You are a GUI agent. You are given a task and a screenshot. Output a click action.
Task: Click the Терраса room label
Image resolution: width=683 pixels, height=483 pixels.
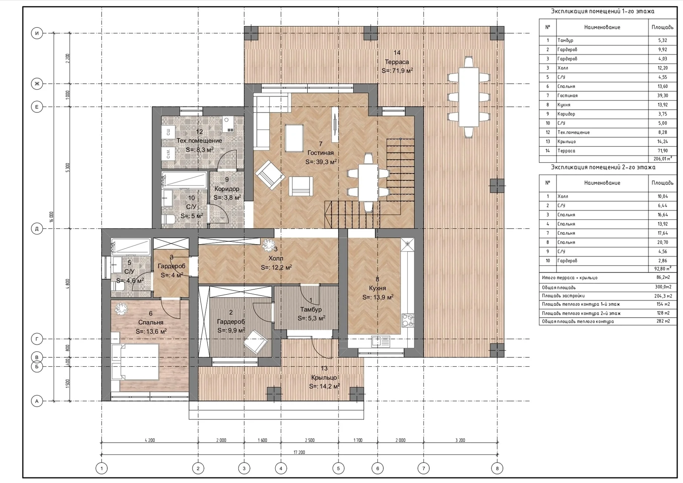(396, 62)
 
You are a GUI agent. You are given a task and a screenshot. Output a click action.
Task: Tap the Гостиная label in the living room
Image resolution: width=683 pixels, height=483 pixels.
(321, 153)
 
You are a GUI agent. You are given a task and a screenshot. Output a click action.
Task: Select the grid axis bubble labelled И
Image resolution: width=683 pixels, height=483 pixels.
(37, 33)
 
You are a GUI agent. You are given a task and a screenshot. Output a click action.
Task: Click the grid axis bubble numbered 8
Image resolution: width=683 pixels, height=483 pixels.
(497, 468)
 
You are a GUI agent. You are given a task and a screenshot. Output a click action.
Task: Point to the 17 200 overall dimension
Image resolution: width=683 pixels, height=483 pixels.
(299, 452)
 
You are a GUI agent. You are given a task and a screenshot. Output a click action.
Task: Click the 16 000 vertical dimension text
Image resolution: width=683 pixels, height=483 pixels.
(52, 217)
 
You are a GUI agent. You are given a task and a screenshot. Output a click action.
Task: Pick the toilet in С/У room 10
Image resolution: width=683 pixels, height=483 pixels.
(169, 219)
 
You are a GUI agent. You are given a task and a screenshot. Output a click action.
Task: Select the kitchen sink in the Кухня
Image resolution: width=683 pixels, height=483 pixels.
(381, 341)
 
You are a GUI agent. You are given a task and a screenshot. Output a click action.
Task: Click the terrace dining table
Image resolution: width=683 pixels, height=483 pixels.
(469, 97)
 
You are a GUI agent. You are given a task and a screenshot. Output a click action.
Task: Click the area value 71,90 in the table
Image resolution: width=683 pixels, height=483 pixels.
(662, 151)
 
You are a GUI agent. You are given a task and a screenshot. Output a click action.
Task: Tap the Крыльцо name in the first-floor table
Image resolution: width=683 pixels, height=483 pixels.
(566, 142)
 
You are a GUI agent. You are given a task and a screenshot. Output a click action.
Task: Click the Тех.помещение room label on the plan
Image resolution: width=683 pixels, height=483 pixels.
(199, 140)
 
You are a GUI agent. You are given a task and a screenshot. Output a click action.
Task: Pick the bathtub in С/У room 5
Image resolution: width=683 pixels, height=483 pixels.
(131, 246)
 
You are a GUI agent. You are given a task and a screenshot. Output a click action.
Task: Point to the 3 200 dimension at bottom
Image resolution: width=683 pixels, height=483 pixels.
(460, 440)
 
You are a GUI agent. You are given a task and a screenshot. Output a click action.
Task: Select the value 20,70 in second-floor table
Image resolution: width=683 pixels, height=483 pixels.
(662, 242)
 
